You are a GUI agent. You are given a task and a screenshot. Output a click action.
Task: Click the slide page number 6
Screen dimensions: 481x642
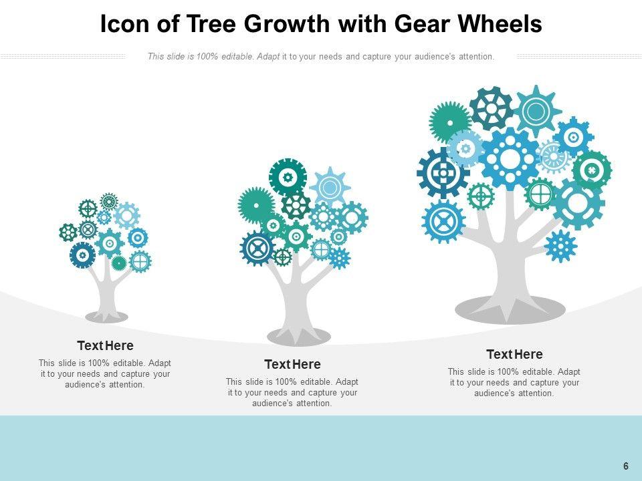tap(626, 466)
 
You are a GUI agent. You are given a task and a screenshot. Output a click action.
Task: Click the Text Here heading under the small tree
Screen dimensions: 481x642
tap(105, 346)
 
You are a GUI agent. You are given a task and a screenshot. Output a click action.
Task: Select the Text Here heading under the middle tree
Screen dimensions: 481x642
tap(292, 365)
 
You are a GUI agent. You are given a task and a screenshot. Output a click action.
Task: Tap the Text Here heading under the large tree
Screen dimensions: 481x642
tap(514, 354)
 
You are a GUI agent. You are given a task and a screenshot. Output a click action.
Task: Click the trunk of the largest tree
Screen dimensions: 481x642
tap(508, 267)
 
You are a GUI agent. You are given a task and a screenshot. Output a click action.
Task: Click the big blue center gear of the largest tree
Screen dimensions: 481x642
tap(510, 159)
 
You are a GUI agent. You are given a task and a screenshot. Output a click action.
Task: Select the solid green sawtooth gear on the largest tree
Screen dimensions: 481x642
tap(449, 122)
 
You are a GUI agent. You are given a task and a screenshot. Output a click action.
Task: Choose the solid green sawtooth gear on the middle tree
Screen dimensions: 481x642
tap(256, 204)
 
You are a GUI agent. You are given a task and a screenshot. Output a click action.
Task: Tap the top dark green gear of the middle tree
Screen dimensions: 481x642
tap(288, 177)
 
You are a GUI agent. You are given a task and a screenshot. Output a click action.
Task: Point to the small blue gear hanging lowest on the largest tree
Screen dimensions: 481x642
tap(560, 246)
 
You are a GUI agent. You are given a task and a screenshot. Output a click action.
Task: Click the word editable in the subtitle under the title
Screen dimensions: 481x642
tap(236, 57)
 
